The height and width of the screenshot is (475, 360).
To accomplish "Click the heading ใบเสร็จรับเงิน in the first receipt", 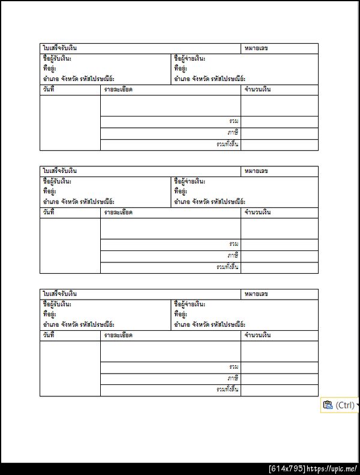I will [x=59, y=48].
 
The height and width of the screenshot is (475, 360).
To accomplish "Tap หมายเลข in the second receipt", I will [x=256, y=171].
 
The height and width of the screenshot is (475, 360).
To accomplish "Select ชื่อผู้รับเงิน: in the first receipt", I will [x=57, y=59].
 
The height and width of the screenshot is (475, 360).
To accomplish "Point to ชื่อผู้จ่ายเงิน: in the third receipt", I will [x=190, y=304].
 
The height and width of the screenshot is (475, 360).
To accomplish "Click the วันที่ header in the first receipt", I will [x=49, y=89].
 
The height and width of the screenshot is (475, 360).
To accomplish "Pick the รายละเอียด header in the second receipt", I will [x=118, y=213].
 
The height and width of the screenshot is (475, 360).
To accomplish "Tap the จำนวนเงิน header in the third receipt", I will [x=258, y=335].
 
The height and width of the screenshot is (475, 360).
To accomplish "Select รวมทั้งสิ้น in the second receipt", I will [x=228, y=267].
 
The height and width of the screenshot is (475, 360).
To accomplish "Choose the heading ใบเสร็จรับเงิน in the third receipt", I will [x=59, y=294].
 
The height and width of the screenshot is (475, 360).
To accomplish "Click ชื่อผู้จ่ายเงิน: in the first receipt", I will [x=190, y=59].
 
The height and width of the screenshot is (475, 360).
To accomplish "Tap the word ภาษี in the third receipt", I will [x=233, y=378].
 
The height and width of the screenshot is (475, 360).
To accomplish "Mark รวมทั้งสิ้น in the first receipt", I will [x=228, y=144].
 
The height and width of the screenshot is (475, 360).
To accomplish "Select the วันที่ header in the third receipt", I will [x=49, y=335].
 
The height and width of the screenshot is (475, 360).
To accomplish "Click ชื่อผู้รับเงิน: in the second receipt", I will [x=57, y=181].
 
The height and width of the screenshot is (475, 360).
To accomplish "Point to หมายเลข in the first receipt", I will [x=256, y=48].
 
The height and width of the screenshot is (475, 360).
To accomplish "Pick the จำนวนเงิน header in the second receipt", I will [x=258, y=213].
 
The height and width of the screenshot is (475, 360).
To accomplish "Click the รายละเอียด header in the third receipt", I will [x=118, y=335].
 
